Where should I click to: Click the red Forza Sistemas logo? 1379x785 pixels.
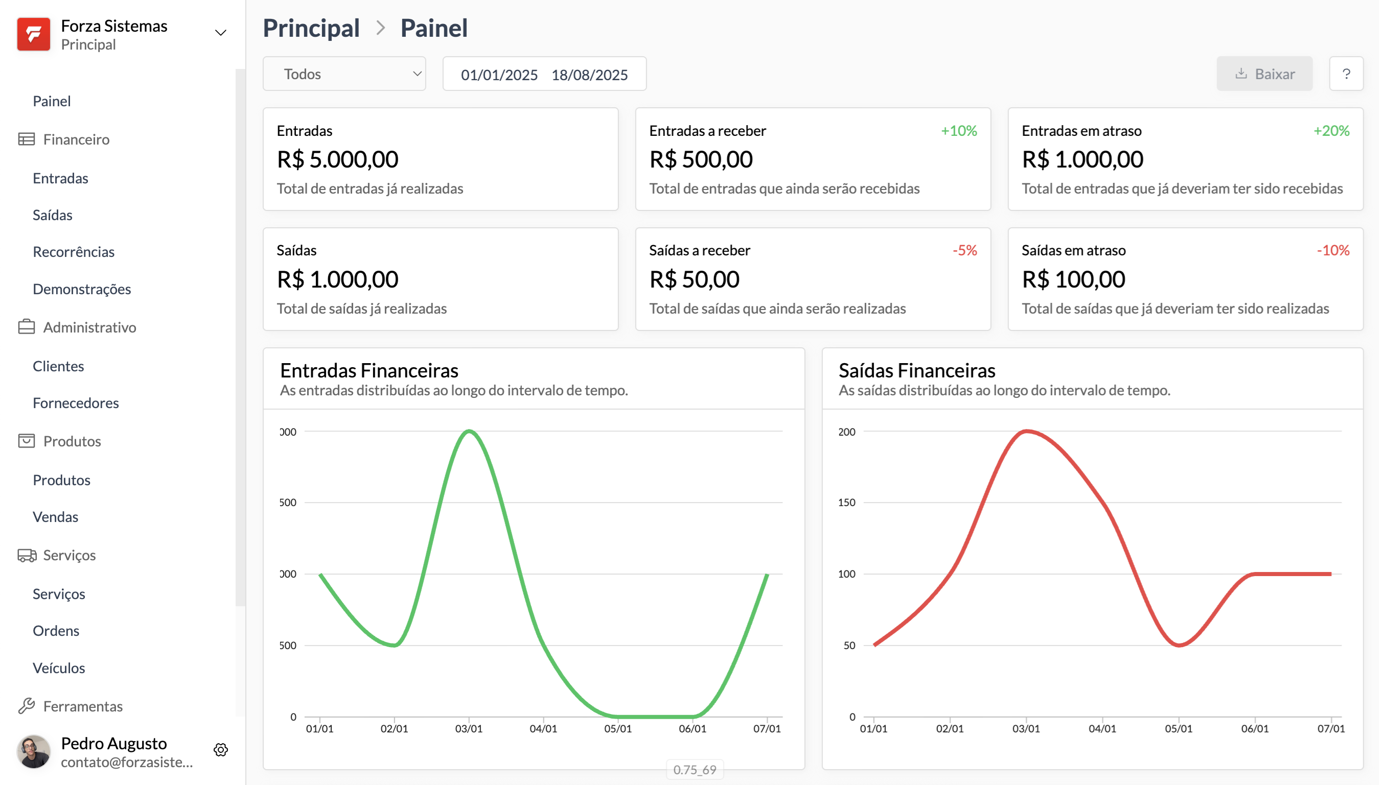[x=33, y=34]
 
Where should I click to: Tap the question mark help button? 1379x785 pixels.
[x=1346, y=74]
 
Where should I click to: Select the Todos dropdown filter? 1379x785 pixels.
[x=344, y=74]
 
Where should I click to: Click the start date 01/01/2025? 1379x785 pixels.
[x=499, y=75]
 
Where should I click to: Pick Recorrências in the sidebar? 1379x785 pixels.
[x=74, y=252]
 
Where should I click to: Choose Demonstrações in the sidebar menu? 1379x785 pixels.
[x=81, y=289]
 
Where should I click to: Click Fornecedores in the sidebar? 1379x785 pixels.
[x=76, y=403]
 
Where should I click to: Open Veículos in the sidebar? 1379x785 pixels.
[x=59, y=668]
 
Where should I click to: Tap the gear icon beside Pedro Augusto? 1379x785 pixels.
[x=221, y=749]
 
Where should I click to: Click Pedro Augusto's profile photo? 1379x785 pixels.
[x=33, y=751]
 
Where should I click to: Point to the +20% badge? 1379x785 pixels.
[x=1330, y=131]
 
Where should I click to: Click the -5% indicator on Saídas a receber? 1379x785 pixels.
[x=964, y=250]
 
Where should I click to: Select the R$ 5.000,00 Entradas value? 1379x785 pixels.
[x=337, y=159]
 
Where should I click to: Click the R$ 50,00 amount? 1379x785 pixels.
[x=694, y=279]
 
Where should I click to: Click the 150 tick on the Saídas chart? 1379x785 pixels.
[x=846, y=503]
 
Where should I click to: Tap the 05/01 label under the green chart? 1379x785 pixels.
[x=617, y=728]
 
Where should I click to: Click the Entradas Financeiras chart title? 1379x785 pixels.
[x=369, y=370]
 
